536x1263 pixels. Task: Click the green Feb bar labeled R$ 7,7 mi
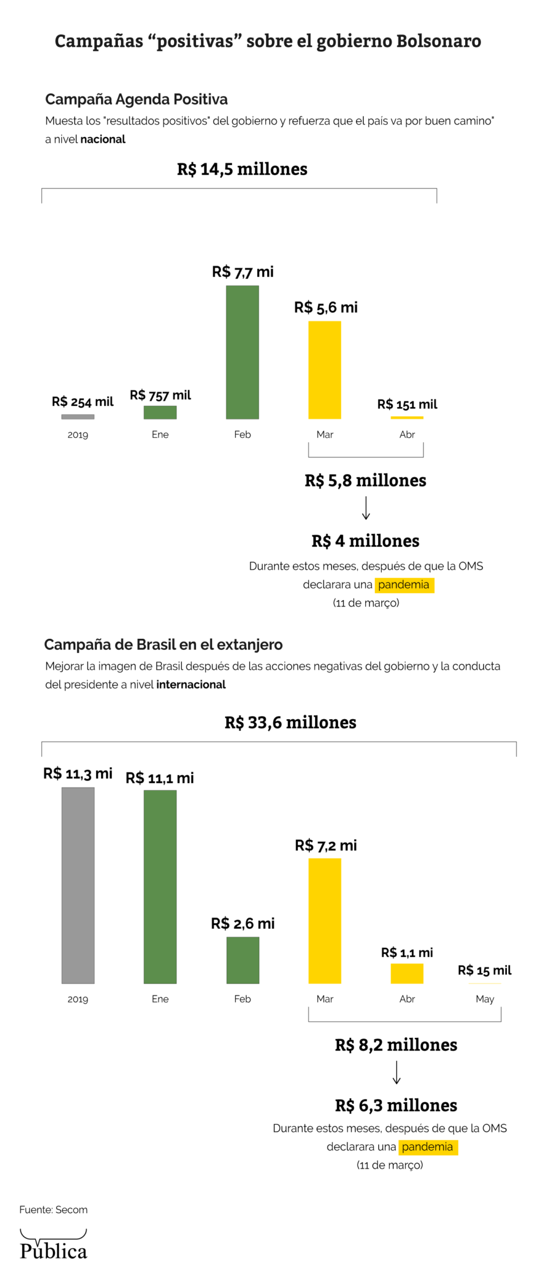tap(242, 352)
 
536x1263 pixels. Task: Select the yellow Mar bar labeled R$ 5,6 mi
tap(324, 370)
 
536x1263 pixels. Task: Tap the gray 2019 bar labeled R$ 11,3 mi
tap(78, 885)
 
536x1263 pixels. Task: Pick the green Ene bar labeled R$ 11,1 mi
tap(160, 886)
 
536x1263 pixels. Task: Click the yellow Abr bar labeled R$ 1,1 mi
tap(406, 973)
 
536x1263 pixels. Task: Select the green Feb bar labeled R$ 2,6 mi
tap(242, 960)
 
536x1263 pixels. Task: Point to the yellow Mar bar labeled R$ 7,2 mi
tap(324, 921)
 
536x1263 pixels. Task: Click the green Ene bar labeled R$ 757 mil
tap(160, 412)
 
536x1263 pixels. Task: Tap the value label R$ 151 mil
tap(407, 405)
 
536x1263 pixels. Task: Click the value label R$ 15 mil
tap(484, 970)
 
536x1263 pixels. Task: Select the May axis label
tap(485, 998)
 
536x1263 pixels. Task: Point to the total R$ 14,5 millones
tap(242, 169)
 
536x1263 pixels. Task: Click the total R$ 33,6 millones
tap(290, 722)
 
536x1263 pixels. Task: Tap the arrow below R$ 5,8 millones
tap(366, 508)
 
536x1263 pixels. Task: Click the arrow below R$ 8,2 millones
tap(397, 1072)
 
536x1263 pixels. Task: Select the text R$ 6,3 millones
tap(396, 1105)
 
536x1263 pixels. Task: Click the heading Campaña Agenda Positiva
tap(136, 99)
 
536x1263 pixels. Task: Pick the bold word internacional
tap(191, 685)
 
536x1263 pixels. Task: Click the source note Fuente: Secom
tap(54, 1209)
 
